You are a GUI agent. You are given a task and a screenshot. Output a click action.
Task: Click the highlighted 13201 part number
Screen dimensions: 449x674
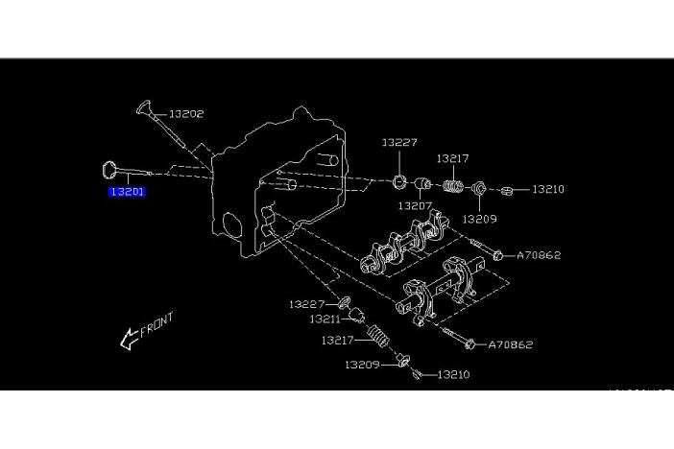point(127,192)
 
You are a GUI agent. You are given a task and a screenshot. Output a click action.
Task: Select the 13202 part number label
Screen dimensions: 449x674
point(186,113)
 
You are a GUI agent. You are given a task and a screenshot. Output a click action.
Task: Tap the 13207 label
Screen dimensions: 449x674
point(416,206)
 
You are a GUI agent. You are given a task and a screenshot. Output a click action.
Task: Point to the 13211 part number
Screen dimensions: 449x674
point(325,319)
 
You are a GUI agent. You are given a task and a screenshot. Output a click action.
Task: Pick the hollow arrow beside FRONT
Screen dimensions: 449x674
point(128,338)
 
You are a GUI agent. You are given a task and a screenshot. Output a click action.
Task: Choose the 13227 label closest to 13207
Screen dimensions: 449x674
point(399,143)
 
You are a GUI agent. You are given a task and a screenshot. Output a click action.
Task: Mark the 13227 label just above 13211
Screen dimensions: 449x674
point(307,304)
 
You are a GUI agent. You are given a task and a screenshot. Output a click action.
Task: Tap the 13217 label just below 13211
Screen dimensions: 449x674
point(339,340)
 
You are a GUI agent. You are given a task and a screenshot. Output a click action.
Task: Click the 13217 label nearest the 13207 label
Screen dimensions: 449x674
point(452,158)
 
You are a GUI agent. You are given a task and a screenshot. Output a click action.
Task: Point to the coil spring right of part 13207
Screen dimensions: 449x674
point(453,184)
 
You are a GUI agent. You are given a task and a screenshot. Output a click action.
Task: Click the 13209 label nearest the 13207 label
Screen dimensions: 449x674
point(479,219)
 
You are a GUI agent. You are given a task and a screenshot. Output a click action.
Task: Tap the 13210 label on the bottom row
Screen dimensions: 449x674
point(452,374)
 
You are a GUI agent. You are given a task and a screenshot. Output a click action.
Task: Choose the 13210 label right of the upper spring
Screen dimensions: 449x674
point(547,189)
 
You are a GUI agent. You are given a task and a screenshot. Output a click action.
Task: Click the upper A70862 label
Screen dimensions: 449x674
point(539,255)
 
